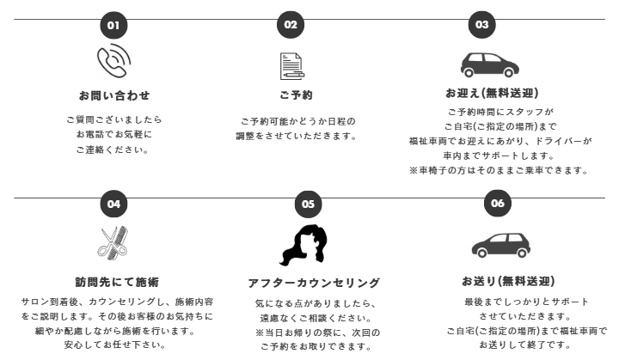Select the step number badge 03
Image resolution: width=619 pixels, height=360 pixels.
[481, 25]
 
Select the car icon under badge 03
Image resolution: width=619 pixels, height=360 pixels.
[487, 65]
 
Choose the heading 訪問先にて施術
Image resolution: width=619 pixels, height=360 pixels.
[117, 282]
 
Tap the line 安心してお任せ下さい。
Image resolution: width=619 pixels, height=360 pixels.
[118, 346]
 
